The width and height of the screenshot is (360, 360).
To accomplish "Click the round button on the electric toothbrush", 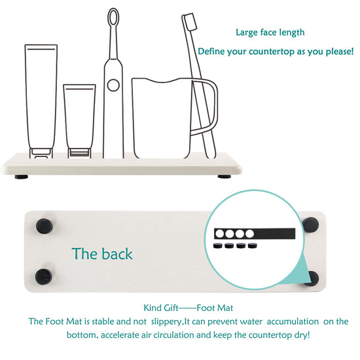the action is (113, 85).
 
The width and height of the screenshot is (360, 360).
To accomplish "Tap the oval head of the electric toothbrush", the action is (113, 17).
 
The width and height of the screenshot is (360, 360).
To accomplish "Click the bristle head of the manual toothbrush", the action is (190, 22).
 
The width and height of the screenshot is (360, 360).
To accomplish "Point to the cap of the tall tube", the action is (41, 153).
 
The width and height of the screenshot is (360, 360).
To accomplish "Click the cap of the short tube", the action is (79, 153).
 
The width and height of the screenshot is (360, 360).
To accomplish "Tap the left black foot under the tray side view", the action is (22, 177).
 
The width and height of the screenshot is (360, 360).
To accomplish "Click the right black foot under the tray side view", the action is (225, 177).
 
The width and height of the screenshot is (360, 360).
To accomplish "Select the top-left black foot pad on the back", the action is (45, 226).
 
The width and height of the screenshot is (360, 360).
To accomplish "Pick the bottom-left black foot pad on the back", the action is (44, 277).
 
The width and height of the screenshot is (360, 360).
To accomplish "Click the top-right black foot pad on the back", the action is (310, 225).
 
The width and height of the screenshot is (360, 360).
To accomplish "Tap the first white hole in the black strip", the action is (220, 234).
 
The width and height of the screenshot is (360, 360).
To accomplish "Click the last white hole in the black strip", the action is (249, 234).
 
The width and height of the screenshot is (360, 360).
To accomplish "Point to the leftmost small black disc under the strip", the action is (218, 246).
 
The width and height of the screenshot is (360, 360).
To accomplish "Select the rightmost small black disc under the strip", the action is (253, 246).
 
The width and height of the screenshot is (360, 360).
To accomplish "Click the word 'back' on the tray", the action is (117, 254).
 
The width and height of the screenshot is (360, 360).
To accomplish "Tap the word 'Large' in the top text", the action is (247, 33).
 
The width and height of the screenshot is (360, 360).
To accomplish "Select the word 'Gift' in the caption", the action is (170, 308).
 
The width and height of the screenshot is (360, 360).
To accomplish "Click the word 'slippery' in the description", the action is (166, 321).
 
